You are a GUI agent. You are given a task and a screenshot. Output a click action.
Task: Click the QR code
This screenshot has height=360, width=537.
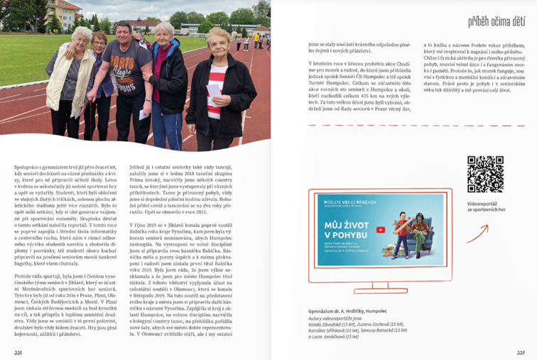[485, 174]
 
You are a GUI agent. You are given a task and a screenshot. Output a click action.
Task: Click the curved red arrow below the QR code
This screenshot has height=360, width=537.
[483, 233]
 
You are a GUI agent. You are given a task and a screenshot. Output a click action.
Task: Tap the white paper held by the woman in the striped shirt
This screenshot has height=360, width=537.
[144, 113]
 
